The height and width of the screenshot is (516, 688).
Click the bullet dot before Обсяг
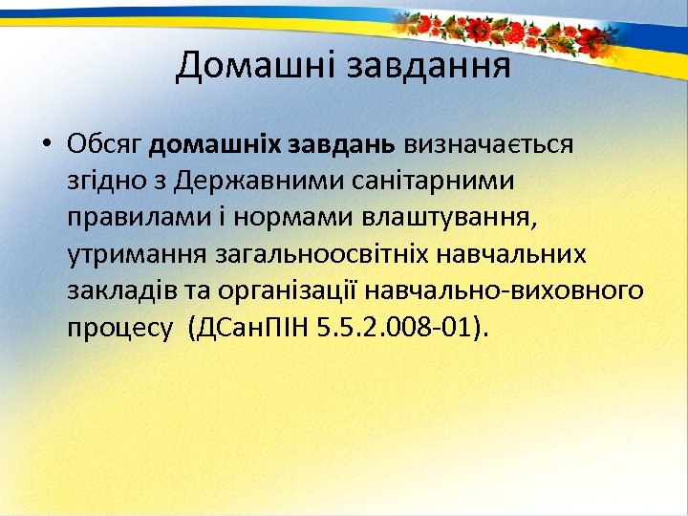(46, 145)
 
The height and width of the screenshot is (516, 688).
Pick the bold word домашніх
(210, 145)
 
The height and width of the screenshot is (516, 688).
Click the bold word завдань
(336, 145)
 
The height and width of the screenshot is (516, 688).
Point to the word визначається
(487, 145)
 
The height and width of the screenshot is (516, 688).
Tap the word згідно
(102, 183)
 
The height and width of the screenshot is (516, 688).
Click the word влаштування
(450, 218)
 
